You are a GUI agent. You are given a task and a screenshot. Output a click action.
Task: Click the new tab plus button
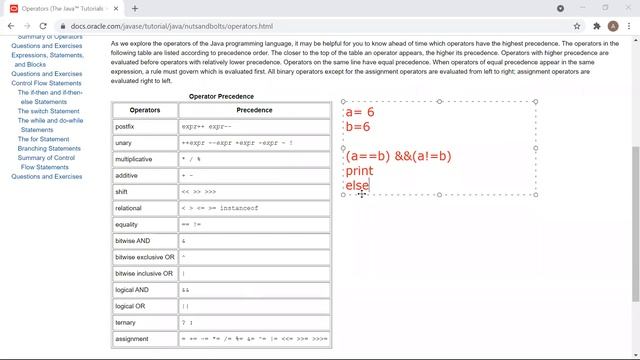[135, 8]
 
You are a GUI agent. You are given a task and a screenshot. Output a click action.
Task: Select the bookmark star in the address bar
[577, 25]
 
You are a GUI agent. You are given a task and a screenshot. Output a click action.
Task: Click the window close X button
[627, 8]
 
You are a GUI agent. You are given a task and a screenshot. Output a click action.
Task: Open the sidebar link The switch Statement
[48, 111]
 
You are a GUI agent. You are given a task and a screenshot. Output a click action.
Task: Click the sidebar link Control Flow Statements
[47, 83]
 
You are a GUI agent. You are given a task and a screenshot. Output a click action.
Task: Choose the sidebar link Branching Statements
[49, 148]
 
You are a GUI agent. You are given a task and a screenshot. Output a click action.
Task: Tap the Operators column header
[144, 110]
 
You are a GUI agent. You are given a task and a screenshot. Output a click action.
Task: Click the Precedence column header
[253, 110]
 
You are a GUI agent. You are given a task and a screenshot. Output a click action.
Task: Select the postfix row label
[126, 127]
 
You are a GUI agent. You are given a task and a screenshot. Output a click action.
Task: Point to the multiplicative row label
[134, 159]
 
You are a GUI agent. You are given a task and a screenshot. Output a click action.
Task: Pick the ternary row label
[127, 322]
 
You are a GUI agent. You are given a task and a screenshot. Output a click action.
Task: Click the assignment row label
[133, 339]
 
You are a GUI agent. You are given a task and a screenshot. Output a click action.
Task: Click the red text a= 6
[359, 113]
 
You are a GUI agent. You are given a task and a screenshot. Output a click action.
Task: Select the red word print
[358, 171]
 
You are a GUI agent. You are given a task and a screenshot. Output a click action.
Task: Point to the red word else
[357, 185]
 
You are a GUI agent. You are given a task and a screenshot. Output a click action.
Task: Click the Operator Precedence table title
[221, 96]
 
